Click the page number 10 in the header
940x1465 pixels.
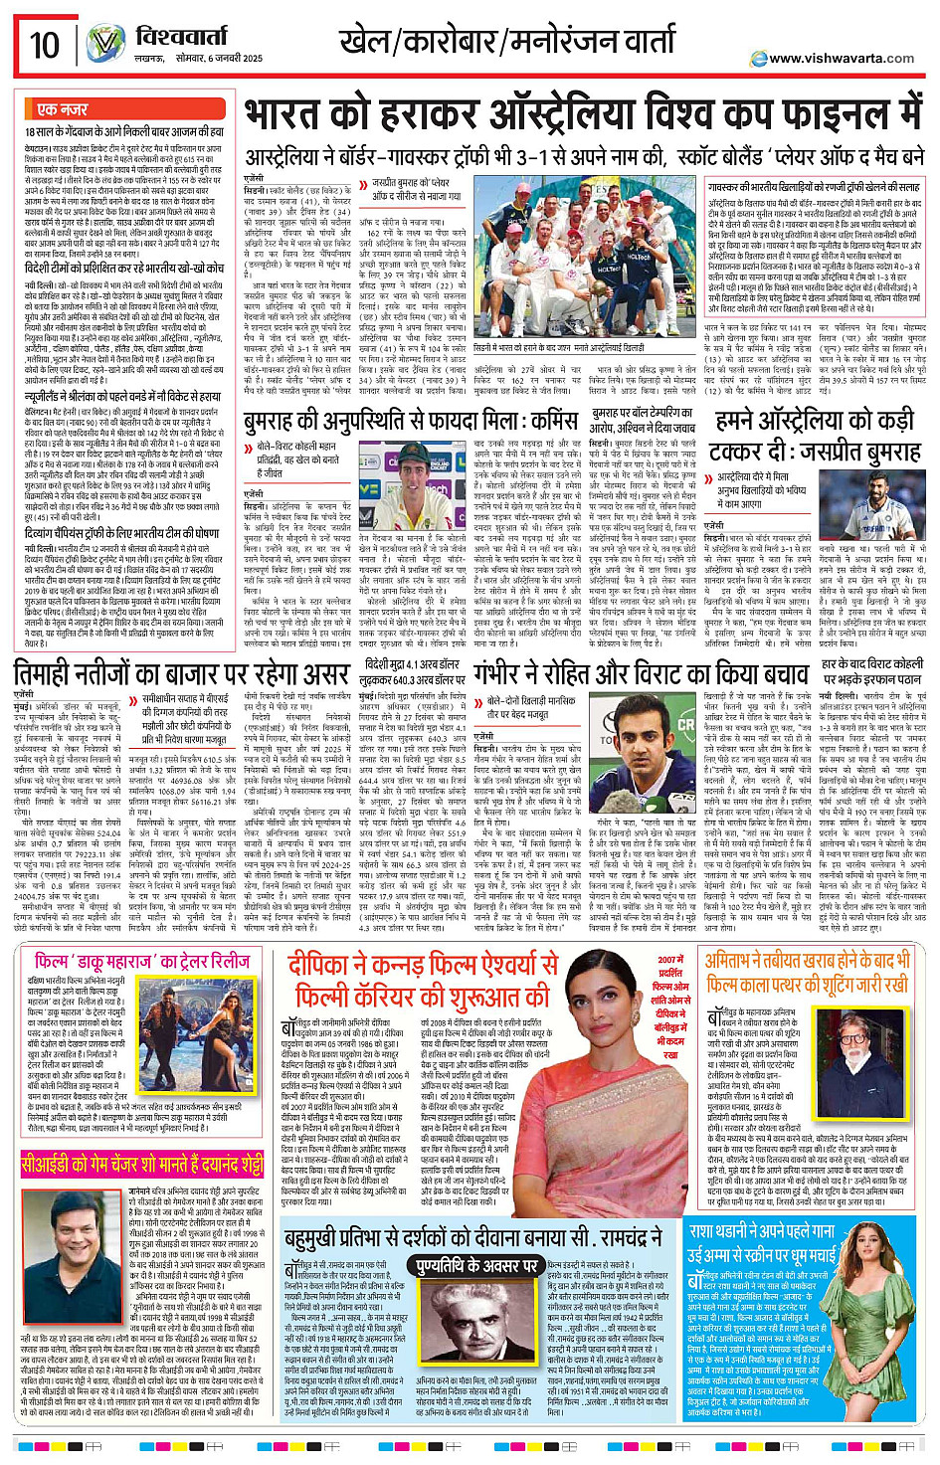(x=45, y=45)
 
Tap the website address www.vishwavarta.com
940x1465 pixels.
(x=842, y=59)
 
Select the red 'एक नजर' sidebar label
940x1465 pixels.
(x=62, y=108)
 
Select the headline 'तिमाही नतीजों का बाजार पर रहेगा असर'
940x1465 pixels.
(x=180, y=675)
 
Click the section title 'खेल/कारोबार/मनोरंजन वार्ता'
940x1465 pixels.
(x=507, y=43)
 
